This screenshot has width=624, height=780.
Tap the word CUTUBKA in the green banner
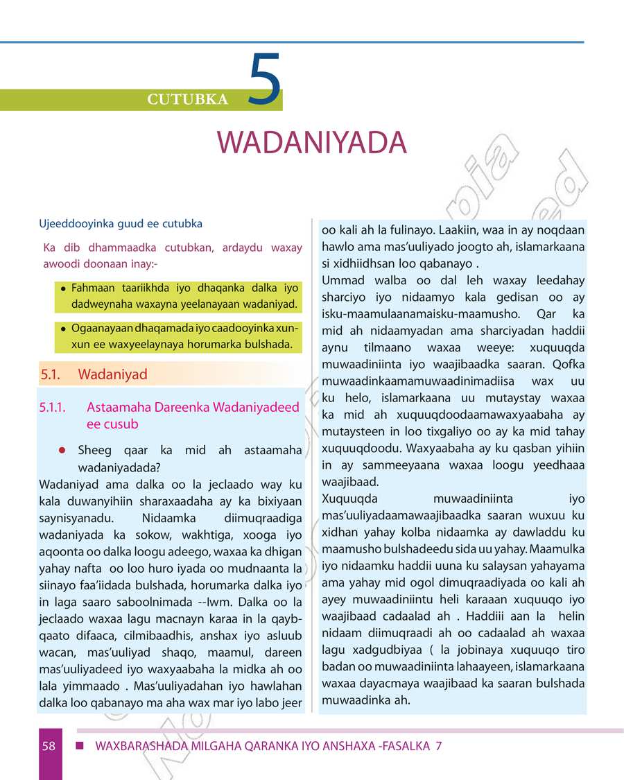coord(187,100)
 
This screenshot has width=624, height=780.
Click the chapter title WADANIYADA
coord(311,142)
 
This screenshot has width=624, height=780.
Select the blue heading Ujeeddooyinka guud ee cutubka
coord(121,224)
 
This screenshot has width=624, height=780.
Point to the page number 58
coord(49,746)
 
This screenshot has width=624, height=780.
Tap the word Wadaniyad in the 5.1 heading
coord(113,375)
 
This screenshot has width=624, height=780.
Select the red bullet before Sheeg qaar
coord(62,451)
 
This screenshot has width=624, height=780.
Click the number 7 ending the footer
coord(438,746)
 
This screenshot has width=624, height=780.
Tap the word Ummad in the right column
coord(342,281)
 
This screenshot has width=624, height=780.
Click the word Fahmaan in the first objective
coord(94,288)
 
